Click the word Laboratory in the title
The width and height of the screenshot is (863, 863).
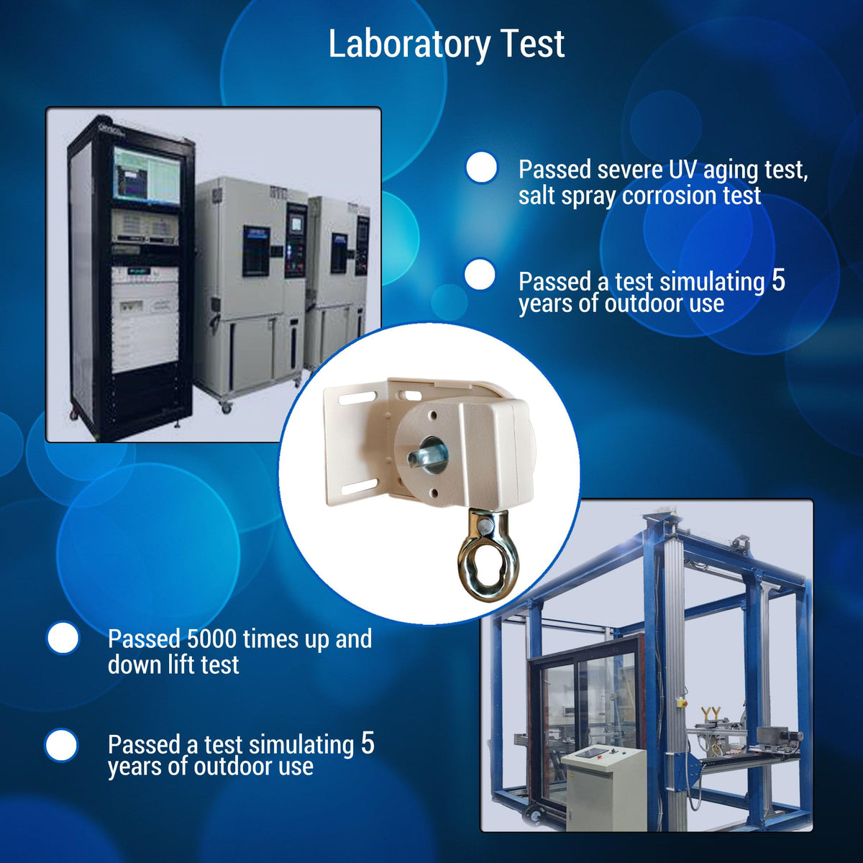click(x=409, y=45)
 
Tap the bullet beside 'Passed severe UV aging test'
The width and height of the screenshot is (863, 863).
click(x=481, y=168)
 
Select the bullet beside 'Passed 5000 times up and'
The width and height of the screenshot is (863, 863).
click(x=63, y=637)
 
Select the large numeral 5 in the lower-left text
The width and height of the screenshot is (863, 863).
click(x=367, y=744)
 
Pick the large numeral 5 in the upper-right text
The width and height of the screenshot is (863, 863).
click(x=778, y=280)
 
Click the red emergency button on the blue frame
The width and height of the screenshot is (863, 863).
click(x=684, y=698)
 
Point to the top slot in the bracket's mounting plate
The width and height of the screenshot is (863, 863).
click(x=357, y=397)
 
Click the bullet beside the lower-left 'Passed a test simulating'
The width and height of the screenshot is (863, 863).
click(x=61, y=745)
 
